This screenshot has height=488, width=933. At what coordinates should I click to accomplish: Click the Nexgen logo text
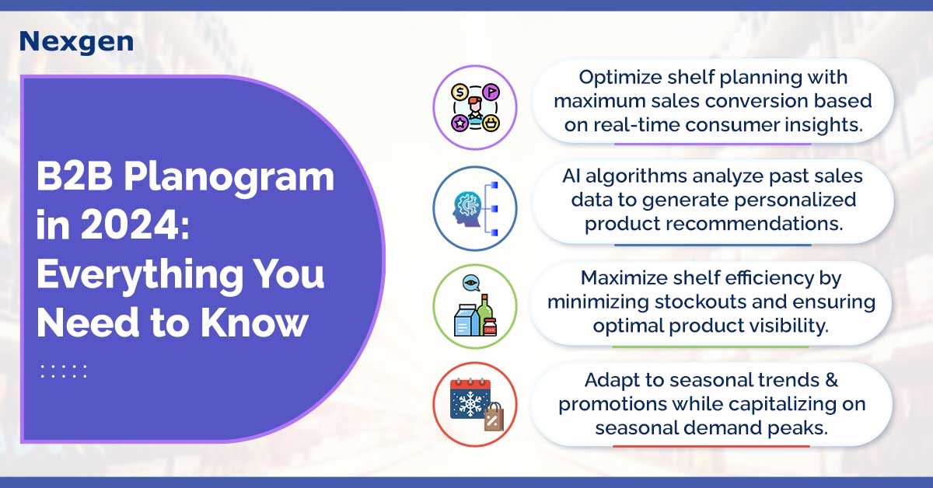pos(77,42)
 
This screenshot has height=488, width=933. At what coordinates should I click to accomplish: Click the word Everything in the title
pos(140,275)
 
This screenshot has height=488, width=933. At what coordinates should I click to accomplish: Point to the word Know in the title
pos(254,322)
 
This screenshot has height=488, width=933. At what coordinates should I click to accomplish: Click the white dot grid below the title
pos(63,371)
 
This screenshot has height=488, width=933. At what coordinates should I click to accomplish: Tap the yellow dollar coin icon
pos(460,92)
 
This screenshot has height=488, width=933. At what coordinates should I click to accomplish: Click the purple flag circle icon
pos(491,92)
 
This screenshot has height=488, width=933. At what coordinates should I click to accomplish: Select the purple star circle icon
pos(460,123)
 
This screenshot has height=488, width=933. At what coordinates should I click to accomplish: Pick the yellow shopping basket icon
pos(491,123)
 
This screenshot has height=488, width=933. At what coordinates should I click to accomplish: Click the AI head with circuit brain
pos(467,209)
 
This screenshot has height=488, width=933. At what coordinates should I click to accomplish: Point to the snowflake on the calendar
pos(470,403)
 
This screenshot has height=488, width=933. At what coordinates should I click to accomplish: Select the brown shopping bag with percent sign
pos(494,417)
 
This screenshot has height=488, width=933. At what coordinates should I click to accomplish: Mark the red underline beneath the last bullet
pos(711,446)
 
